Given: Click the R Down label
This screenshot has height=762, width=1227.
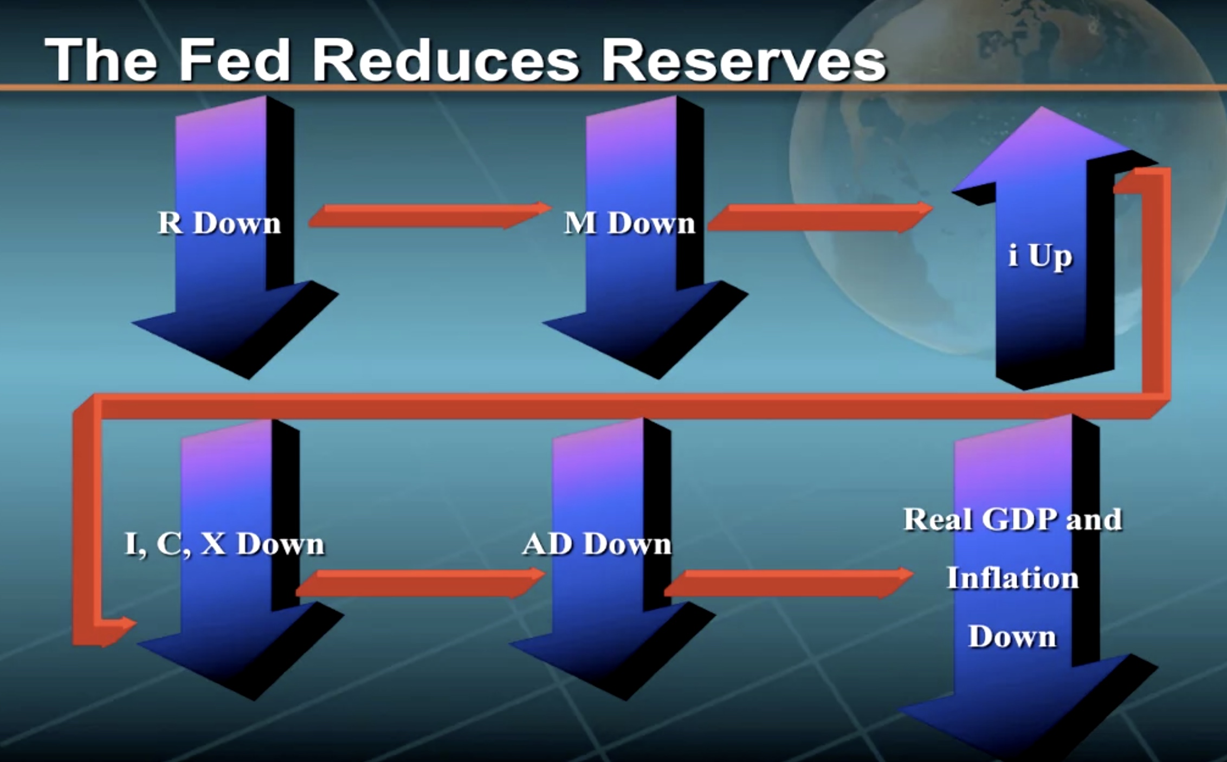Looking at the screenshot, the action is click(x=219, y=223).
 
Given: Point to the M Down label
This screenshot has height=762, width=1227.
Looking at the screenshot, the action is click(x=629, y=223).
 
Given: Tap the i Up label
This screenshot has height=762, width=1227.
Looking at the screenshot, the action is click(x=1040, y=256).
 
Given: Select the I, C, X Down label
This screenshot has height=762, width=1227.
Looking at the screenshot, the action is click(x=224, y=544).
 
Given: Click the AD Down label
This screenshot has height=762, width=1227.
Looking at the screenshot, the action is click(x=596, y=544).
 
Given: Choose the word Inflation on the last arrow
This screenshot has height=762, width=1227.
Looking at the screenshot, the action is click(x=1012, y=578).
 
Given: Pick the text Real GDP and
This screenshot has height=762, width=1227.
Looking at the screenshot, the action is click(x=1012, y=519).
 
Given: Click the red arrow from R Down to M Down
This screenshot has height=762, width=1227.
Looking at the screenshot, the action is click(x=430, y=215).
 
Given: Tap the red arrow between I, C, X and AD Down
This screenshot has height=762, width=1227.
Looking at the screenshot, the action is click(x=421, y=583).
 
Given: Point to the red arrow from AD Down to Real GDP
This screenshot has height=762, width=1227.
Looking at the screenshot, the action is click(x=789, y=583).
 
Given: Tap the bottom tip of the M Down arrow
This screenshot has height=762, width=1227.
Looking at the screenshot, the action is click(x=658, y=378).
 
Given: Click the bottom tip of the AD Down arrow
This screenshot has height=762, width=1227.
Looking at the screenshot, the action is click(x=626, y=700).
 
